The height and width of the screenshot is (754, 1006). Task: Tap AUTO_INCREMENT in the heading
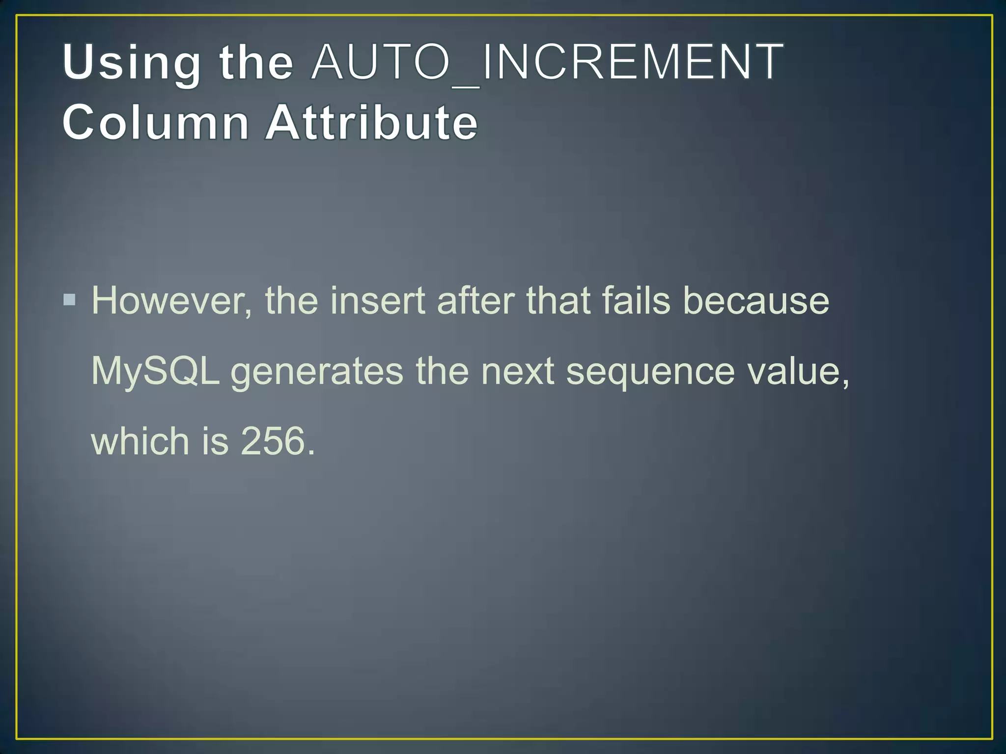(547, 63)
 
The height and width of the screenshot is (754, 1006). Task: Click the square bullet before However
(70, 299)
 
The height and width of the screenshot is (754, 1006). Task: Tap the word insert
(377, 300)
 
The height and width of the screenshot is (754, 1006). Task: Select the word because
(756, 300)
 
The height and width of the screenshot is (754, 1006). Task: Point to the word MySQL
(155, 371)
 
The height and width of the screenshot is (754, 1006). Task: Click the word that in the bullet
(559, 300)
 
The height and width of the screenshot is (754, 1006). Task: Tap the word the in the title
(256, 63)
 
